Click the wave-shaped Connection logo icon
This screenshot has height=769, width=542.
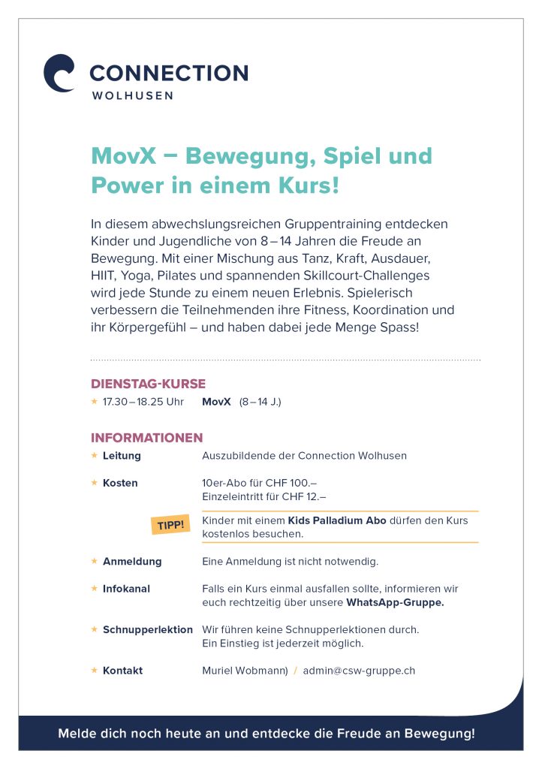[59, 73]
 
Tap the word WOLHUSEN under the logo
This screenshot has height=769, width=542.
[132, 95]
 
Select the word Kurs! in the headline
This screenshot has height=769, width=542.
[307, 185]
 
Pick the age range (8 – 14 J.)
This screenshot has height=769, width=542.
[260, 402]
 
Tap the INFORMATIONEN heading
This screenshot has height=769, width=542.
[147, 438]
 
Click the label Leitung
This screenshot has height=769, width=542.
[122, 456]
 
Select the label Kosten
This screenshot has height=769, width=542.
[120, 483]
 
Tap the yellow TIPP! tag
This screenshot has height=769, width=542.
[170, 524]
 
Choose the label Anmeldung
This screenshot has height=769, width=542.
[132, 561]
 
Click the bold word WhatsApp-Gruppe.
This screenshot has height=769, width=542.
[395, 602]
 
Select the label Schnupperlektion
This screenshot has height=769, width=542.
[148, 629]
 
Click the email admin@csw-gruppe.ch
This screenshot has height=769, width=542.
[359, 671]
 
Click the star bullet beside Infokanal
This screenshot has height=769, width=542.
[94, 589]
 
